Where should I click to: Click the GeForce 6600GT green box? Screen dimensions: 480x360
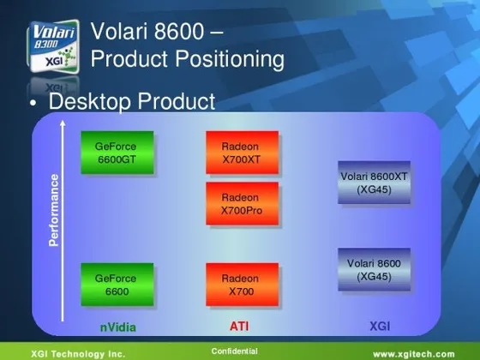[x=117, y=153]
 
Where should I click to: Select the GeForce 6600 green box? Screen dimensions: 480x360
[x=117, y=285]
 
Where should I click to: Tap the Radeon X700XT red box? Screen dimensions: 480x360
[x=242, y=153]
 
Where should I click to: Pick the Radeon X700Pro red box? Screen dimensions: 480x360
[x=242, y=204]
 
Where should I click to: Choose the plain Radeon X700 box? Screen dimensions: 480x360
[x=242, y=285]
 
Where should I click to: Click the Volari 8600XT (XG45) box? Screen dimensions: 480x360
[x=374, y=183]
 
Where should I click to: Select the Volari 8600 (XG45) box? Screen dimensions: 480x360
[x=374, y=269]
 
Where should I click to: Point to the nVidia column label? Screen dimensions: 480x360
[x=118, y=327]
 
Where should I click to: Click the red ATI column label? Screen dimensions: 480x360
[x=239, y=327]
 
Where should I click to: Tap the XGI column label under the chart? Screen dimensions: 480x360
[x=380, y=327]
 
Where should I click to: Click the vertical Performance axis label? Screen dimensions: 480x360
[x=54, y=210]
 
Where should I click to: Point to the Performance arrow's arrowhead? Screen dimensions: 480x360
[x=63, y=123]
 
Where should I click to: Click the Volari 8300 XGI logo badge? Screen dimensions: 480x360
[x=53, y=46]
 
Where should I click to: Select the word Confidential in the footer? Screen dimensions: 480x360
[x=235, y=351]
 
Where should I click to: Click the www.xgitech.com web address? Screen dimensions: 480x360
[x=414, y=354]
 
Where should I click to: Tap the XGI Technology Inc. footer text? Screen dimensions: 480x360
[x=78, y=354]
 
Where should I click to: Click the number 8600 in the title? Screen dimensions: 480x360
[x=179, y=31]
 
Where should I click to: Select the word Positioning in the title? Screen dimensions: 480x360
[x=230, y=59]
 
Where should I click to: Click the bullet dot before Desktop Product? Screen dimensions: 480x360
[x=33, y=103]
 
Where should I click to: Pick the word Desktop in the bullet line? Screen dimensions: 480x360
[x=90, y=101]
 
